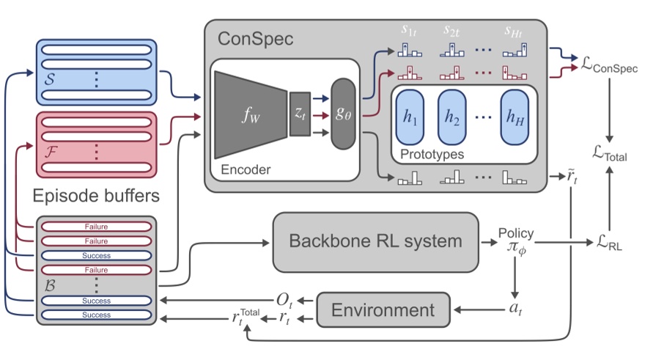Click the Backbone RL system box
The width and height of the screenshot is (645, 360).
(x=375, y=240)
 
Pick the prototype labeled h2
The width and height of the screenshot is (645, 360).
(x=452, y=118)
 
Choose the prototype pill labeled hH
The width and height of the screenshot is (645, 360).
(x=515, y=118)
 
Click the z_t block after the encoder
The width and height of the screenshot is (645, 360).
(x=300, y=114)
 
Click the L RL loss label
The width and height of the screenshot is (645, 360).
(x=608, y=241)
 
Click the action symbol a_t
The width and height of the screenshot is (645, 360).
(x=517, y=309)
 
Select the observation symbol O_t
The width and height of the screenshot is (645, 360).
(x=284, y=300)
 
